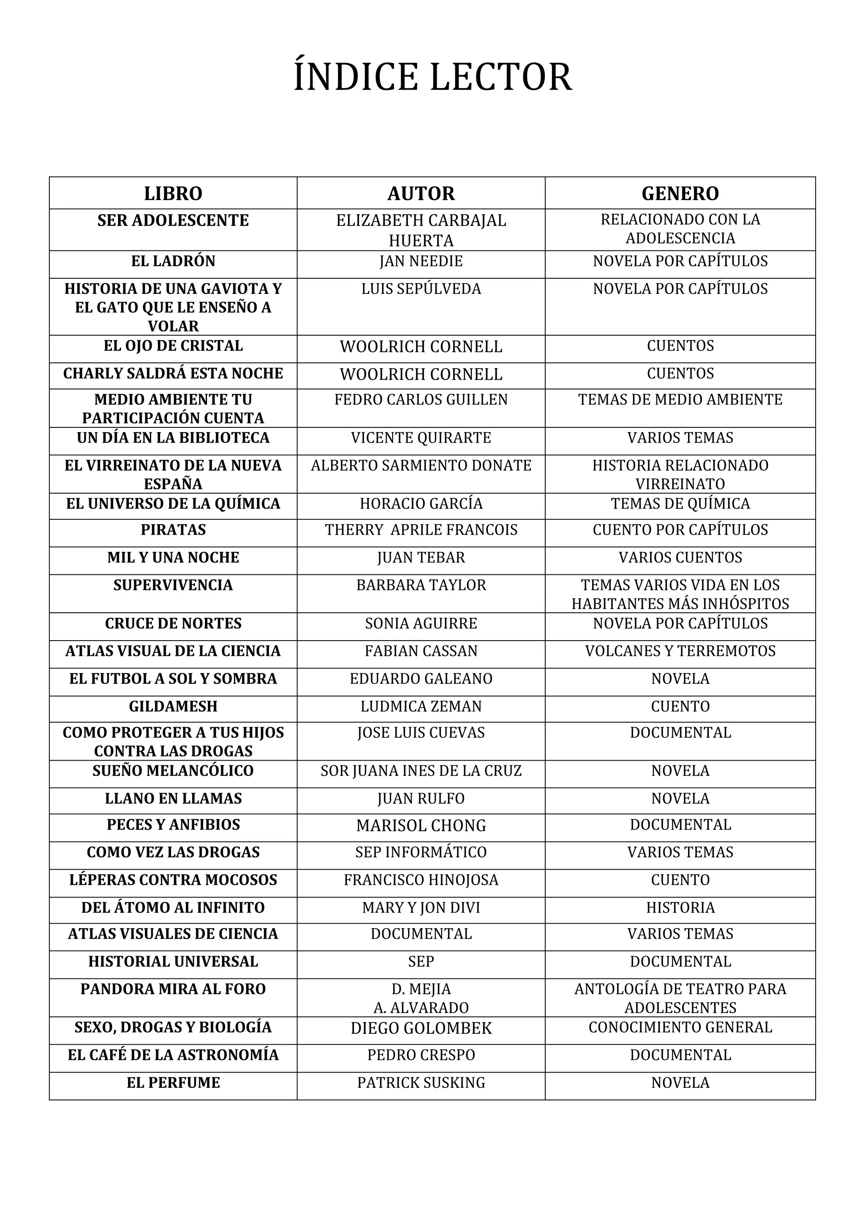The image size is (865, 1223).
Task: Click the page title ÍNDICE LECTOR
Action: click(432, 78)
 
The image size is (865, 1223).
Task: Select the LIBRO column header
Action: click(173, 193)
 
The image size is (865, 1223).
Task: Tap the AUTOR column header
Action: click(421, 193)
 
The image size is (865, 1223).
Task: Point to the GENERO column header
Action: click(680, 193)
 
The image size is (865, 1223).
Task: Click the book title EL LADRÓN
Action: click(173, 261)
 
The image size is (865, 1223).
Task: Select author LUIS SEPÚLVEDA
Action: click(421, 289)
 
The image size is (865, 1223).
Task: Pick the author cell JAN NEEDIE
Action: click(421, 261)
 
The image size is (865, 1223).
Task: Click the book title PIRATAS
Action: click(173, 530)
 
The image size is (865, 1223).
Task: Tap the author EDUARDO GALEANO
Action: click(421, 679)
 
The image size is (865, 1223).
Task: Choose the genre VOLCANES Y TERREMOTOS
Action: click(680, 651)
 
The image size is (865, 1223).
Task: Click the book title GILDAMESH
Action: click(173, 707)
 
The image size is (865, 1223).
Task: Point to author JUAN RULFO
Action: click(421, 799)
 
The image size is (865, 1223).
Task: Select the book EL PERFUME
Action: click(173, 1082)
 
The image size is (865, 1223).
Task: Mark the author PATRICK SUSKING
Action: click(421, 1082)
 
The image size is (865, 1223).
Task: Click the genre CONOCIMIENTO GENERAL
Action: click(680, 1027)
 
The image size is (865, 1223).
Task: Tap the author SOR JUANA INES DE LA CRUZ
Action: click(421, 771)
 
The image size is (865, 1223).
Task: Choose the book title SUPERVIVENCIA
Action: click(173, 585)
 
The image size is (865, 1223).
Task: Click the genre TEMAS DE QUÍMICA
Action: click(680, 503)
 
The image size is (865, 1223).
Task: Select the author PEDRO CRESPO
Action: click(421, 1054)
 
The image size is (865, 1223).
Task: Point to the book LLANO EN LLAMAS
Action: click(173, 799)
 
